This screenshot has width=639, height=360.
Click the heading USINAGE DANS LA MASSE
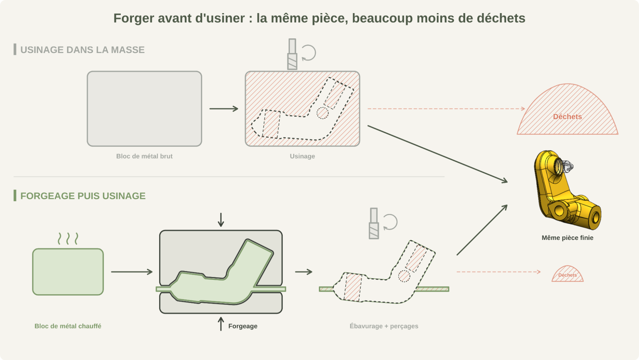pos(82,50)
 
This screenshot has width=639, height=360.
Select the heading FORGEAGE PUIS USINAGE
pos(83,196)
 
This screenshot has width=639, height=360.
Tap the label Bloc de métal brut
pos(144,156)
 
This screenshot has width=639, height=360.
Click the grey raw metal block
pos(144,109)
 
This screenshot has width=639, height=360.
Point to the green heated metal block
pos(68,272)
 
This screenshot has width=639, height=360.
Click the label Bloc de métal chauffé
pos(68,326)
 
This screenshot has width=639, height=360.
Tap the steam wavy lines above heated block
pos(68,238)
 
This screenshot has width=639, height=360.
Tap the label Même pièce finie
pos(567,238)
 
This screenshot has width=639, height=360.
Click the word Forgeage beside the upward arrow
pos(243,326)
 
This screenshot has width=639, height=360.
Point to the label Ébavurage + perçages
pos(384,326)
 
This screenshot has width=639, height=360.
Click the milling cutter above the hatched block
pos(292,54)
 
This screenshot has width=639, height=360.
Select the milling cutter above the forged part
pos(374,224)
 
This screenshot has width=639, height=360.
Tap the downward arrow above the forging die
pos(221,220)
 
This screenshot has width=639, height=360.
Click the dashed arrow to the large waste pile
pos(446,109)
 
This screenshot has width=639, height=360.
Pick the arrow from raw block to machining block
pos(224,109)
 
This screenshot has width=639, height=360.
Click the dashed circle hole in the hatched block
pos(322,113)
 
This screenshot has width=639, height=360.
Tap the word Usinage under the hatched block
pos(302,156)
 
